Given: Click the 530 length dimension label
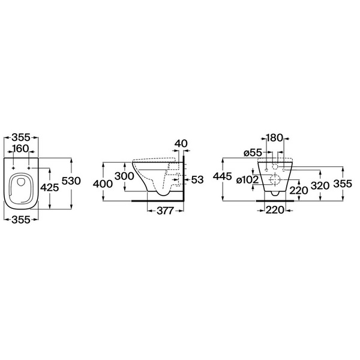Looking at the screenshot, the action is pyautogui.click(x=71, y=181).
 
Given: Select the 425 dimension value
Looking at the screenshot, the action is pyautogui.click(x=50, y=188).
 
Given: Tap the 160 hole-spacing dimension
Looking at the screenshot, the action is pyautogui.click(x=20, y=149).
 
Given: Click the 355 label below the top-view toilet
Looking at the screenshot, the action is pyautogui.click(x=21, y=220).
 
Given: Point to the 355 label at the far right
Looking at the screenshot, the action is pyautogui.click(x=343, y=184).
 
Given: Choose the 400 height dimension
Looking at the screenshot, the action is pyautogui.click(x=103, y=184).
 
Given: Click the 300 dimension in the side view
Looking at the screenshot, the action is pyautogui.click(x=124, y=176).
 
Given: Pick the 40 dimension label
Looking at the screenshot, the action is pyautogui.click(x=181, y=143).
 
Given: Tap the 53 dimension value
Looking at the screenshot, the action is pyautogui.click(x=197, y=180).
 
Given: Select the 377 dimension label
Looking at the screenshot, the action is pyautogui.click(x=165, y=211).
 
